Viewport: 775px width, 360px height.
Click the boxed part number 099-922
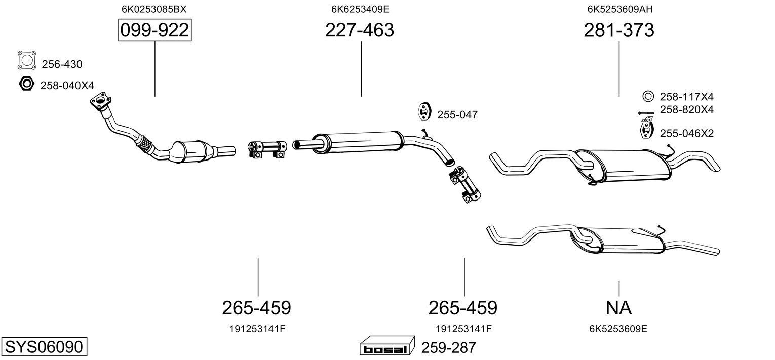(x=154, y=30)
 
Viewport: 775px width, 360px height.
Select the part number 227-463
(x=360, y=30)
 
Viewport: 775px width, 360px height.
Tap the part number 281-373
(x=619, y=30)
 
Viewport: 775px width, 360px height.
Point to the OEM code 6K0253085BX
(x=154, y=9)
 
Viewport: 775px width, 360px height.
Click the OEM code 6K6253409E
(x=360, y=9)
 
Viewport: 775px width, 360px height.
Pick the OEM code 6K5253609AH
(x=620, y=9)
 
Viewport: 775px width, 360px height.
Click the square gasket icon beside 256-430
(x=27, y=60)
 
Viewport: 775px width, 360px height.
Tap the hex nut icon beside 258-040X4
(x=26, y=84)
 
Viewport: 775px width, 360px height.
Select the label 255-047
(x=457, y=115)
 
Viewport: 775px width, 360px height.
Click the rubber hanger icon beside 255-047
(x=423, y=111)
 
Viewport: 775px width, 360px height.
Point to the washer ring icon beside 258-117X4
(x=648, y=96)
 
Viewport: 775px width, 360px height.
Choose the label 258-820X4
(x=687, y=110)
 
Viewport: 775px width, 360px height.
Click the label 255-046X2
(x=687, y=134)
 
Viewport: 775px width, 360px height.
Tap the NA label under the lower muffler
(x=618, y=308)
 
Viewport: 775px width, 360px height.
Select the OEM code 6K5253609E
(x=618, y=329)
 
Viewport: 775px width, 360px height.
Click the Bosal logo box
(x=387, y=346)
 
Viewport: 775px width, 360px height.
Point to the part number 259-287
(x=449, y=348)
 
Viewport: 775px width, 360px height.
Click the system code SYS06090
(x=44, y=347)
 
